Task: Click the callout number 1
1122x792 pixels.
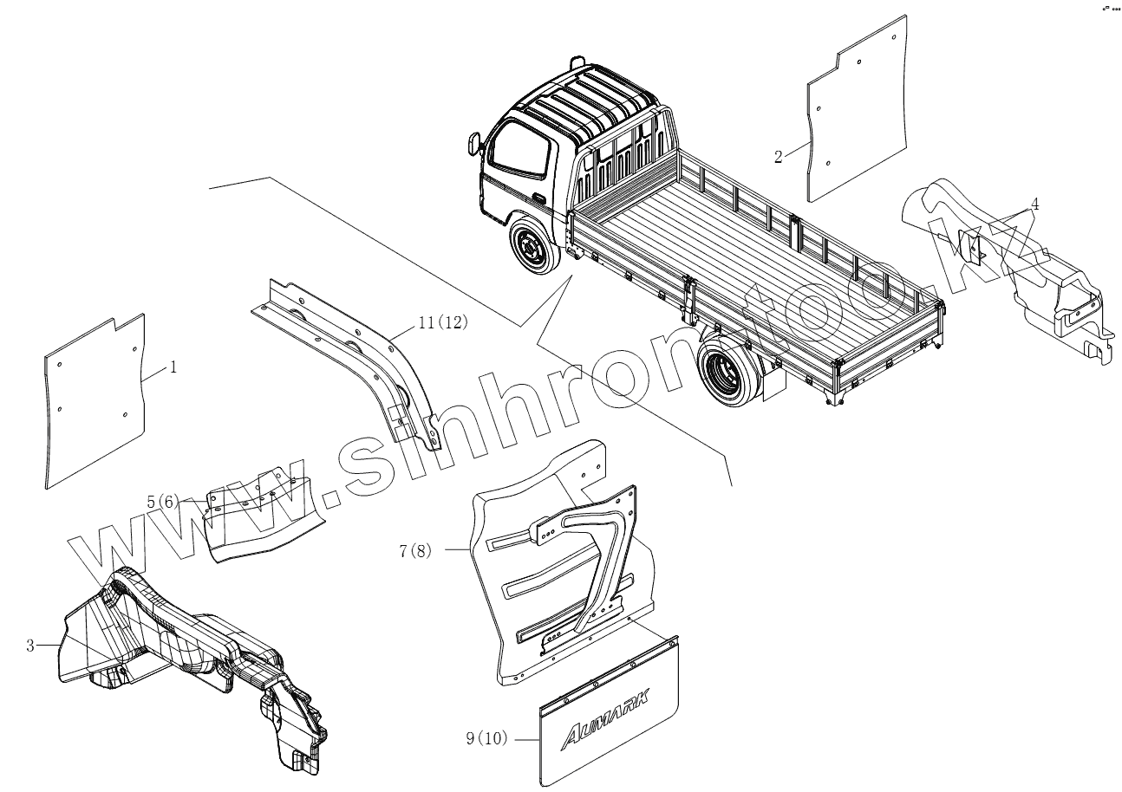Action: (173, 367)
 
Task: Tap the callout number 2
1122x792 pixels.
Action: (778, 156)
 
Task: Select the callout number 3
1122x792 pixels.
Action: (29, 646)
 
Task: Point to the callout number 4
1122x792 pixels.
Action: (1034, 204)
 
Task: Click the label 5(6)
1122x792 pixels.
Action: (162, 502)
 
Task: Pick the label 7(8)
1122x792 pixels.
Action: (414, 550)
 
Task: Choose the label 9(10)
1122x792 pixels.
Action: (485, 738)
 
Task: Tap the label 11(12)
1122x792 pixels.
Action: (442, 322)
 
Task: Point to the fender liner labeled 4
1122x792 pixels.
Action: (1006, 260)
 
